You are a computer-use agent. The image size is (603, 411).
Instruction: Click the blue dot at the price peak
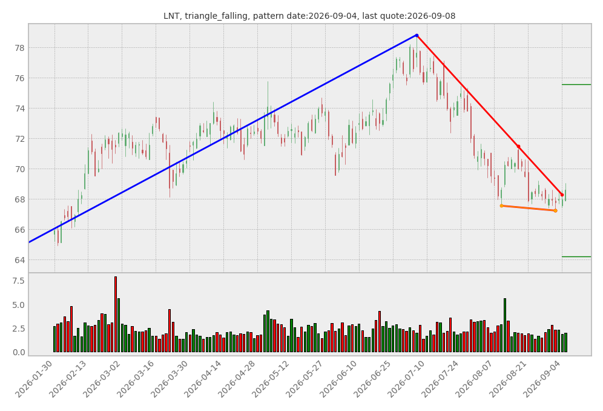point(417,35)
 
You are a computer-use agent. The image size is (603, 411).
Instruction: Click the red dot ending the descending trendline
point(562,195)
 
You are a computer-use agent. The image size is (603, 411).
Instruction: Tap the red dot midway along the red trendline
point(518,147)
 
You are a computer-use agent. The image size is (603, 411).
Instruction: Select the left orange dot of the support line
point(501,206)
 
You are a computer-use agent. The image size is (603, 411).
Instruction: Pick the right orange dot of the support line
point(555,211)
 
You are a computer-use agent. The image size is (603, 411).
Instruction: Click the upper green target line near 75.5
point(576,84)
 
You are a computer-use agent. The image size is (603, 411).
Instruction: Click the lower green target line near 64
point(576,256)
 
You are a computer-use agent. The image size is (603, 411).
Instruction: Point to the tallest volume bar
point(116,315)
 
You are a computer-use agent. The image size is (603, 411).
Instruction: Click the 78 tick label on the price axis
point(19,48)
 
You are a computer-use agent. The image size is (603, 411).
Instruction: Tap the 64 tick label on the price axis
point(19,261)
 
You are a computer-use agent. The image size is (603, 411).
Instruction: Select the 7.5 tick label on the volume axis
point(18,281)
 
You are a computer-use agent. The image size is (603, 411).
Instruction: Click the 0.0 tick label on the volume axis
point(18,352)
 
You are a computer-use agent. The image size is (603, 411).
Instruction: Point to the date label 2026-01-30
point(34,379)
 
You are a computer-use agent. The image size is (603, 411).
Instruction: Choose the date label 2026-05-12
point(271,379)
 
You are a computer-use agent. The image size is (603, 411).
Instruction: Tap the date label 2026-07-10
point(406,379)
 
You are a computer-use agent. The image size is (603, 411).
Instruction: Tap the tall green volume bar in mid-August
point(505,325)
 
